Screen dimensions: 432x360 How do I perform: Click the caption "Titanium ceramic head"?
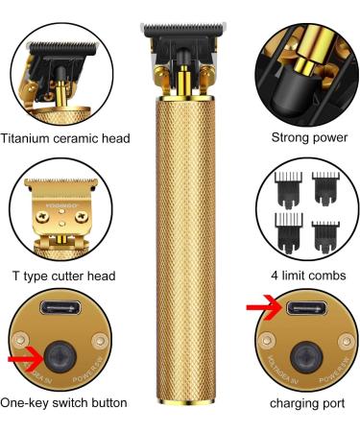[x=65, y=138]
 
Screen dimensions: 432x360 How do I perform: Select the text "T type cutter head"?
[x=65, y=276]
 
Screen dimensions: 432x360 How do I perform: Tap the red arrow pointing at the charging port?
[x=252, y=309]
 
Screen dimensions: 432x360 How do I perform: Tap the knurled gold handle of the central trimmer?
[x=180, y=240]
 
